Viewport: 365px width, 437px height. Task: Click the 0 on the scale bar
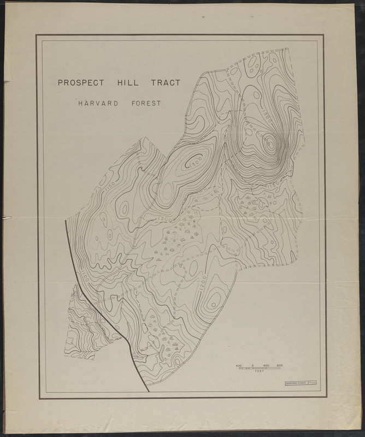[253, 364]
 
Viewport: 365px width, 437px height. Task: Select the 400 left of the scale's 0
[239, 364]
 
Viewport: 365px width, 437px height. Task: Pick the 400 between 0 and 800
[266, 364]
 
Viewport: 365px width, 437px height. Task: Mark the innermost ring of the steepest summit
[270, 144]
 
